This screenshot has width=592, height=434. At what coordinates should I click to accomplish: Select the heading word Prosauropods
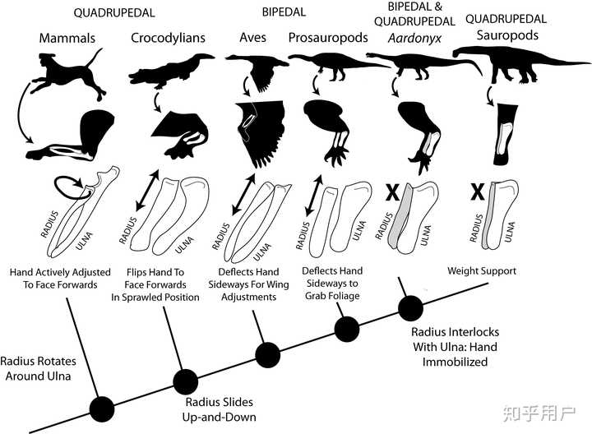[x=326, y=39]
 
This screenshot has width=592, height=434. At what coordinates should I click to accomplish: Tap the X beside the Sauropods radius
[x=476, y=192]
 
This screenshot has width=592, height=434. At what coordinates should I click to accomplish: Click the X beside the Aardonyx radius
[x=393, y=192]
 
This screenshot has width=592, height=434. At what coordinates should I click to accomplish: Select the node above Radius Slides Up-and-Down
[x=184, y=381]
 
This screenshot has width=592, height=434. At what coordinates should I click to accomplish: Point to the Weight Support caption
[x=481, y=270]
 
